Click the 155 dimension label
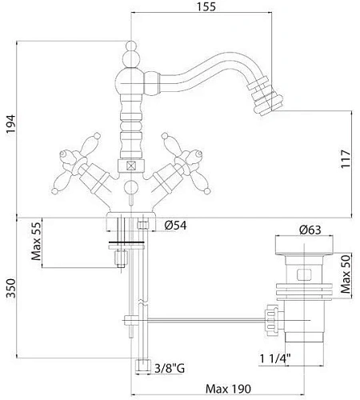206,6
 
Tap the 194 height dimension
11,124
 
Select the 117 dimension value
346,159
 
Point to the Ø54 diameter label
175,226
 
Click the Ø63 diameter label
310,230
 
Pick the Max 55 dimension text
36,241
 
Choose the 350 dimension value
11,288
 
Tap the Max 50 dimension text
346,274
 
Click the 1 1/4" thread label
275,358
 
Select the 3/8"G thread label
170,368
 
